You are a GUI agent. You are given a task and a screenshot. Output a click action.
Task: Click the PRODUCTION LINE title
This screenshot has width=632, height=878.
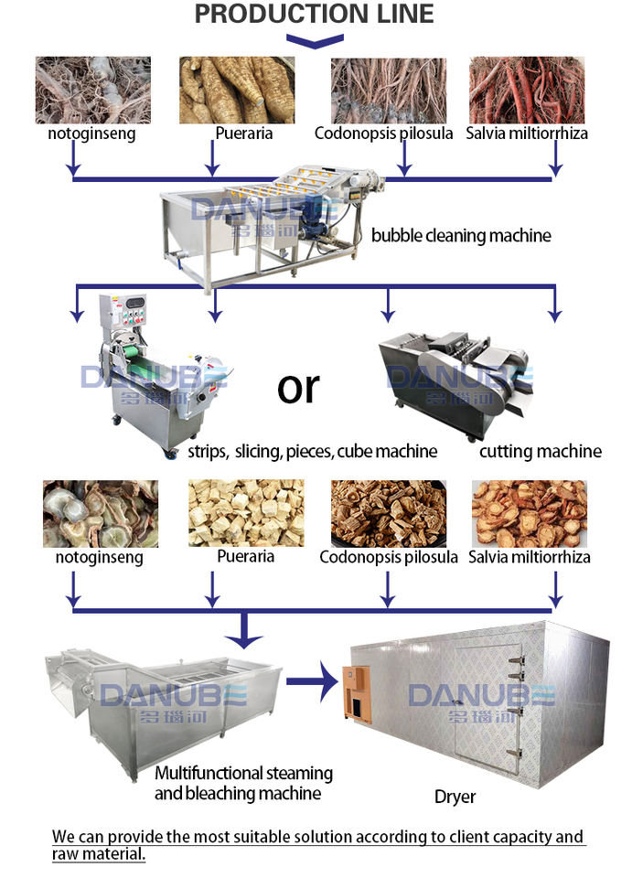[315, 14]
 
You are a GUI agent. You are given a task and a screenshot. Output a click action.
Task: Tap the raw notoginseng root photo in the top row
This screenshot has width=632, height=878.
[91, 90]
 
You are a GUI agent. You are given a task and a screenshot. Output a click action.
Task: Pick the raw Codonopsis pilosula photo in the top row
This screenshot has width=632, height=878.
[388, 90]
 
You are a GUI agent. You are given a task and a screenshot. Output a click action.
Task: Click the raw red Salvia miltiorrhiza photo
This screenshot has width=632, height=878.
[526, 90]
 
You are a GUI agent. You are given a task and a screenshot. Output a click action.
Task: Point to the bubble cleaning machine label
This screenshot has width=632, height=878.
[461, 235]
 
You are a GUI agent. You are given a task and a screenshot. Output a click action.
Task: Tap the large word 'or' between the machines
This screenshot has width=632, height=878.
[298, 388]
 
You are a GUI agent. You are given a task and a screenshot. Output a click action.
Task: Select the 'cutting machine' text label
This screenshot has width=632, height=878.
[541, 450]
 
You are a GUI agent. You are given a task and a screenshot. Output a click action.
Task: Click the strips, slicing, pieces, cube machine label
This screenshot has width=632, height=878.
[312, 451]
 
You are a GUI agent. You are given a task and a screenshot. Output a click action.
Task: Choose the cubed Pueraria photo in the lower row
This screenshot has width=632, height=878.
[240, 513]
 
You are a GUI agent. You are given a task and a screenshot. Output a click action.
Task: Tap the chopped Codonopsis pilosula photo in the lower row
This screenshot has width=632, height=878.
[388, 513]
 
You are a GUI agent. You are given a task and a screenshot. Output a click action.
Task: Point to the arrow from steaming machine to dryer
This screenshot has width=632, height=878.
[312, 682]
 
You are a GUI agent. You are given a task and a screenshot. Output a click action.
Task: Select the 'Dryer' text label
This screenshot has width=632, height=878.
[455, 797]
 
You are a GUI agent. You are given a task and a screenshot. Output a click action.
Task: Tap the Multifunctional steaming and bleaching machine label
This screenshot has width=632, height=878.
[243, 783]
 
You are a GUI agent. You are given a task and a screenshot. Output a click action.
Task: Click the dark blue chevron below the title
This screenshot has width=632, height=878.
[315, 40]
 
